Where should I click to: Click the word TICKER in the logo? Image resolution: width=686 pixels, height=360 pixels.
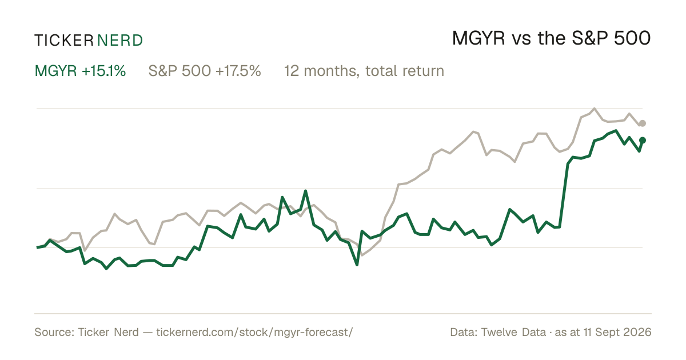63,41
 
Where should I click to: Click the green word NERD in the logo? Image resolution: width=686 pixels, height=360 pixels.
119,41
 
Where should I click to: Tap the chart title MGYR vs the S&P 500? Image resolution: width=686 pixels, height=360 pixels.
551,39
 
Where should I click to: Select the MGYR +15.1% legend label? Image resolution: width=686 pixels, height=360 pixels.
80,71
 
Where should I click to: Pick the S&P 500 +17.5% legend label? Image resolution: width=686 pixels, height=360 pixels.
205,71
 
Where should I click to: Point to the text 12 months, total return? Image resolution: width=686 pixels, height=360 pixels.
364,71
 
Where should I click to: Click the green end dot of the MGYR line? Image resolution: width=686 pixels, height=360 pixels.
643,140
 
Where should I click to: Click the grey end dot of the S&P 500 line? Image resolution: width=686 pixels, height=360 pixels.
643,123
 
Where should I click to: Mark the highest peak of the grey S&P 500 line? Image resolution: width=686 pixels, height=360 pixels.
595,109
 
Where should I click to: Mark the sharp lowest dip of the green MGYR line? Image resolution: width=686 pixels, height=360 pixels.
357,265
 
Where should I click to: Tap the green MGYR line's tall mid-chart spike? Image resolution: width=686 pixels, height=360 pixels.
305,191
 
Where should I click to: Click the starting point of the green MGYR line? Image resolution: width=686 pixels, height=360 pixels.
37,247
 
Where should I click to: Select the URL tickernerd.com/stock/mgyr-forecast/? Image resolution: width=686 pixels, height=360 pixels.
254,332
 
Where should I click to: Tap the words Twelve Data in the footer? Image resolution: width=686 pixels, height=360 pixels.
513,332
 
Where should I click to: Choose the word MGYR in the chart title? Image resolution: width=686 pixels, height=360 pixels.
478,39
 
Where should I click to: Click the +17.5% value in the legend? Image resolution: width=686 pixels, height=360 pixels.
238,71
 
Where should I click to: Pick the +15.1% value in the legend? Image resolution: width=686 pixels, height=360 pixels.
104,71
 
